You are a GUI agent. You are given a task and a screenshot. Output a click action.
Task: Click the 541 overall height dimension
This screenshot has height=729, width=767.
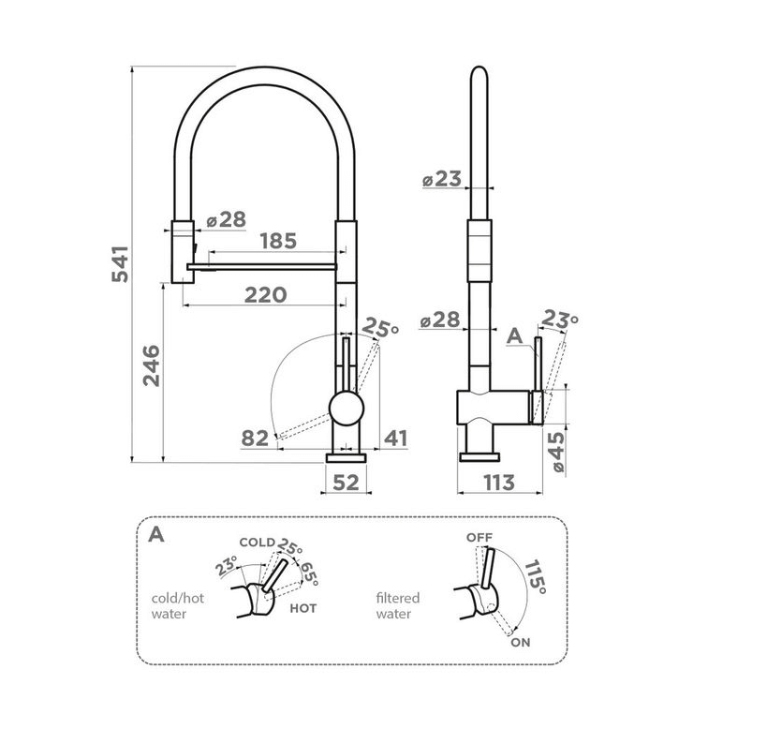tap(120, 263)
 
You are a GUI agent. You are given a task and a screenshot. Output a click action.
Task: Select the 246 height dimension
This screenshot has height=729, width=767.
tap(152, 365)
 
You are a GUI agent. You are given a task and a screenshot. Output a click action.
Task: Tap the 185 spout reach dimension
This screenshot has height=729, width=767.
tap(278, 241)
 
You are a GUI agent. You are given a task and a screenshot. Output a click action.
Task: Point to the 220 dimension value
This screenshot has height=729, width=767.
tap(266, 295)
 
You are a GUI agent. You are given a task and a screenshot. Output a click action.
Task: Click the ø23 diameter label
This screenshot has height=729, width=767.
tap(442, 179)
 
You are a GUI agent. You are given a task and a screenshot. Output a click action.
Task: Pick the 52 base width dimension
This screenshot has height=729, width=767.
tap(346, 483)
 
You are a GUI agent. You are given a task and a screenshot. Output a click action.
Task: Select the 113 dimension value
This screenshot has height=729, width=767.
tap(499, 483)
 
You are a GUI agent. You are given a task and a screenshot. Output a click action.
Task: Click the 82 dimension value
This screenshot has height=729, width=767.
tap(255, 439)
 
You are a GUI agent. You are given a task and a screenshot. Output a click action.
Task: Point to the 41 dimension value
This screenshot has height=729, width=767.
tap(395, 439)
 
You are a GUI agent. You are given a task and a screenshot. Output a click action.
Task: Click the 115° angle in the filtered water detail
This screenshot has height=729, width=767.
tap(535, 577)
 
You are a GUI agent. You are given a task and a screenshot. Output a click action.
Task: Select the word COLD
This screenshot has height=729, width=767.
tap(258, 543)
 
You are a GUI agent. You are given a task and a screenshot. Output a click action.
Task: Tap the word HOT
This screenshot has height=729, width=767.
tap(303, 608)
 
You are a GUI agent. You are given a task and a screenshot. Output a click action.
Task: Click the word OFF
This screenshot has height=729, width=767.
tap(479, 537)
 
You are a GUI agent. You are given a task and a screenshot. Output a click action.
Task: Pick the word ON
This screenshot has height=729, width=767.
tap(521, 643)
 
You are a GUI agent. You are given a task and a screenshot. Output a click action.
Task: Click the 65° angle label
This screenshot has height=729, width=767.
tap(309, 573)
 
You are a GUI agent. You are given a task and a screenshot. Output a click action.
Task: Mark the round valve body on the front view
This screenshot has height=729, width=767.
tap(347, 408)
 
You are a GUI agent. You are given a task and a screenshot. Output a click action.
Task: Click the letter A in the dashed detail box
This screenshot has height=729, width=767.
tap(156, 534)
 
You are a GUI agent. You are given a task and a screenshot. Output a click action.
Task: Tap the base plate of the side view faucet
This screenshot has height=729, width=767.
tap(479, 457)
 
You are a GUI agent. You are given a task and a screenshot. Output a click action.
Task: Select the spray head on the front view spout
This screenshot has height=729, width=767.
tap(183, 251)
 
